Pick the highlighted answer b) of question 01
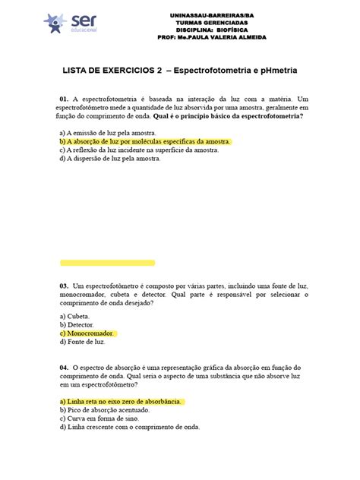pyautogui.click(x=144, y=141)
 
